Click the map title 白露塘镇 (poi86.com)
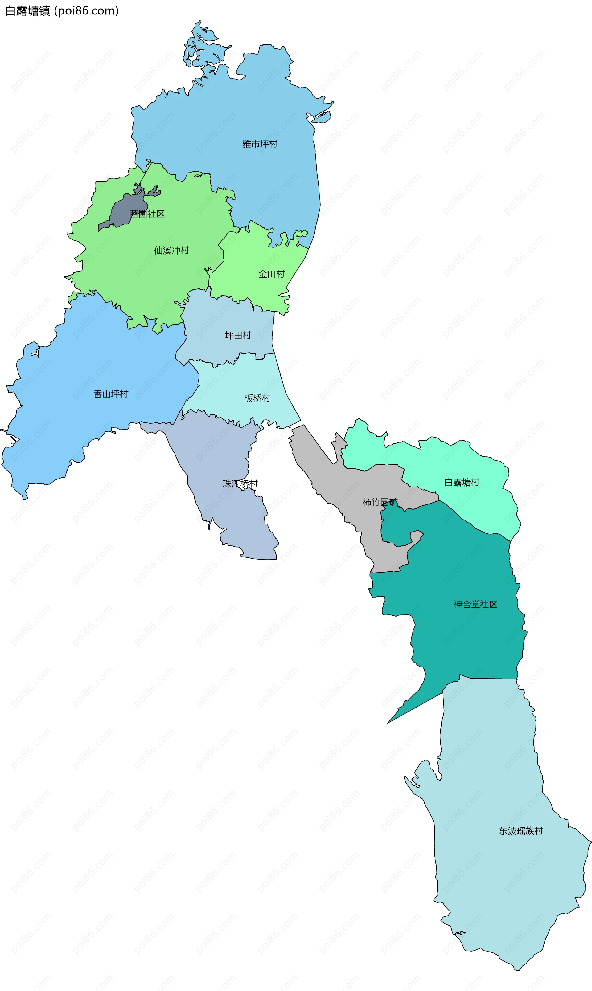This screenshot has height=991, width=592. coord(62,11)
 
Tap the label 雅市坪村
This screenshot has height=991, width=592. coord(260,144)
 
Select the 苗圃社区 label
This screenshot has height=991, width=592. coord(147,214)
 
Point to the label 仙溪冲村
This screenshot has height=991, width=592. coord(171,250)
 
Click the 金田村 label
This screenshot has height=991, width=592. coord(271,274)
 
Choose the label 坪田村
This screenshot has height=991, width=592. coord(238,335)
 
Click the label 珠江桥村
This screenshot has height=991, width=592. coord(240,484)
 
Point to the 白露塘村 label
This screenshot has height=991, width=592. coord(462,482)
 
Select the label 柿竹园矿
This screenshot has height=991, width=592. coord(380,502)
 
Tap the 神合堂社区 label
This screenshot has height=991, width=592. coord(475,604)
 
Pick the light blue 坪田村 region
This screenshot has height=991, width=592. coord(224,319)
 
